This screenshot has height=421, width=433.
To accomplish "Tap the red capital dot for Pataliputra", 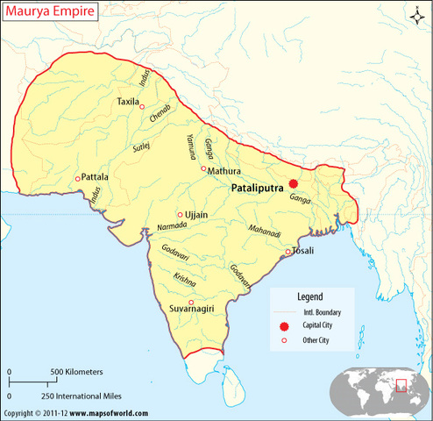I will pyautogui.click(x=294, y=183).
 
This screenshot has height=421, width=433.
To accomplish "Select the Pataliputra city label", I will pyautogui.click(x=259, y=188).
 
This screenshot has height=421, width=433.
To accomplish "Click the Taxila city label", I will pyautogui.click(x=128, y=103).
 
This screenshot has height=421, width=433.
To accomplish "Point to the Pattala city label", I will pyautogui.click(x=96, y=176).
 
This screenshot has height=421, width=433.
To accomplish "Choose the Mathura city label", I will pyautogui.click(x=224, y=172).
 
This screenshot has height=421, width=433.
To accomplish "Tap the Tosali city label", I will pyautogui.click(x=303, y=251).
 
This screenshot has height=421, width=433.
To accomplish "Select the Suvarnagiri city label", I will pyautogui.click(x=195, y=309).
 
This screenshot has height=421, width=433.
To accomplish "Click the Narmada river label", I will pyautogui.click(x=172, y=226).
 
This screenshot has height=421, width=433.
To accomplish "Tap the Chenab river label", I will pyautogui.click(x=159, y=116).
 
